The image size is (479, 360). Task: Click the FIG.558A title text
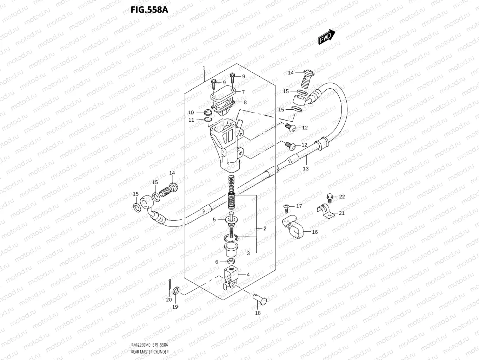[149, 9]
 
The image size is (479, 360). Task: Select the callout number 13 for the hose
[306, 169]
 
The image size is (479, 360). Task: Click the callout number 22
[342, 197]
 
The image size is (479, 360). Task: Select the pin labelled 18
[260, 300]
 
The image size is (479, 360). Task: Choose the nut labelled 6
[231, 261]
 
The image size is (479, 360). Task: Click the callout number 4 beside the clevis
[248, 275]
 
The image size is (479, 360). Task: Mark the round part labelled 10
[208, 112]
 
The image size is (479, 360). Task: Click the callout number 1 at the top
[204, 67]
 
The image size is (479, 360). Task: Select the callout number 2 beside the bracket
[265, 229]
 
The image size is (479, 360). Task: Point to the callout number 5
[214, 220]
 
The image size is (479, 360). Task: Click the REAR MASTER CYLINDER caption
[149, 352]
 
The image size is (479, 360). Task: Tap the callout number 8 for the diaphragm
[245, 103]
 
